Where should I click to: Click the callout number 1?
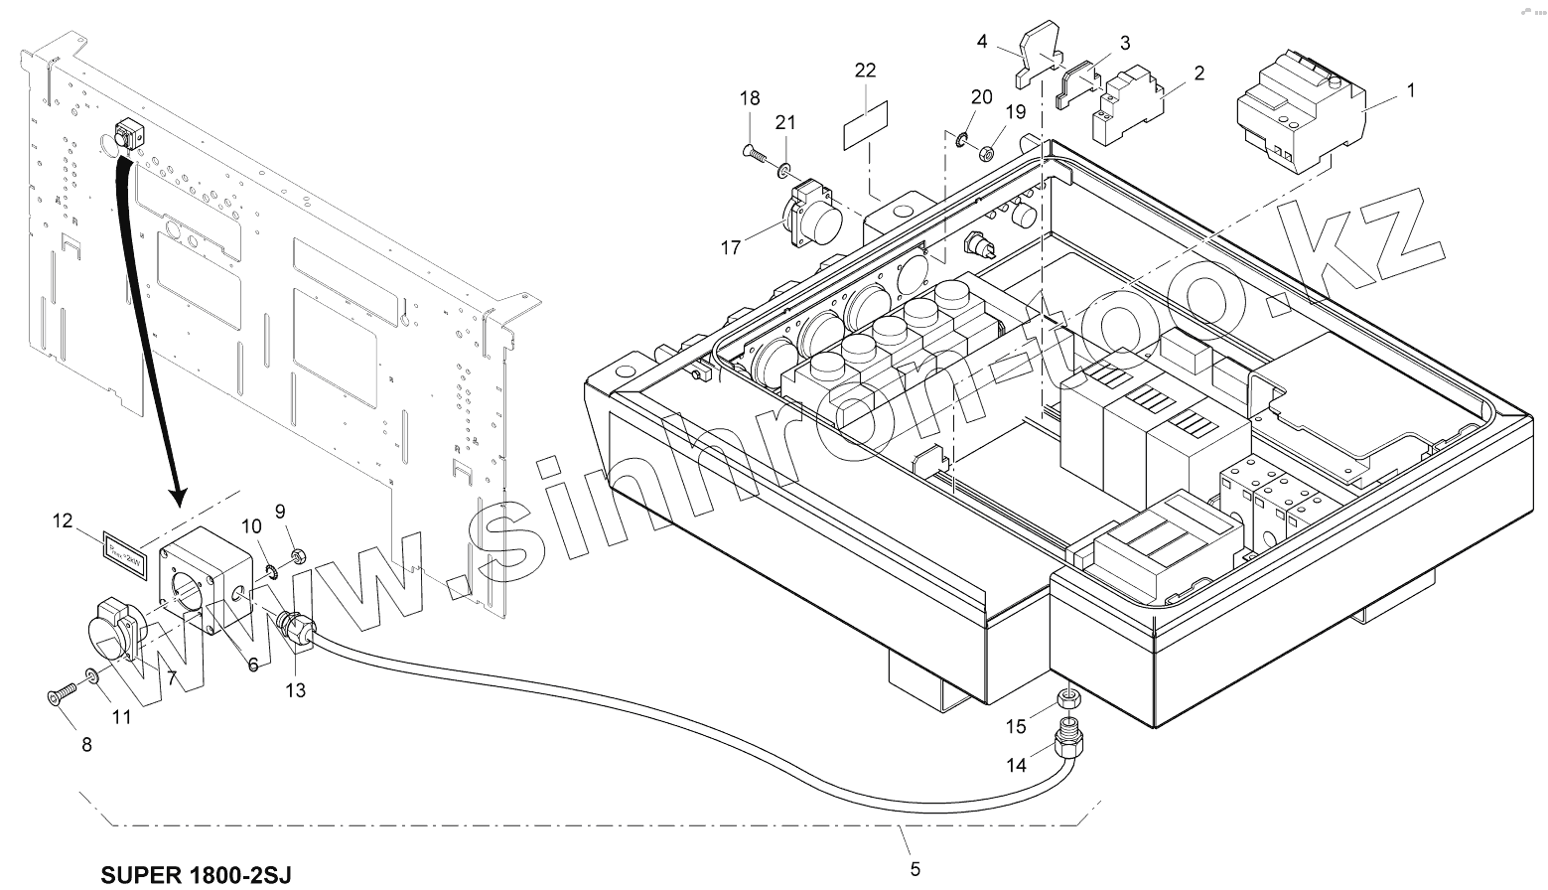(1410, 89)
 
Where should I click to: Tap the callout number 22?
(865, 71)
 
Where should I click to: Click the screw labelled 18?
(757, 153)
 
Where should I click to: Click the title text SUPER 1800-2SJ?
(197, 874)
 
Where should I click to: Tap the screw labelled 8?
(61, 697)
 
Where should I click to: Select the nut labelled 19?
(986, 154)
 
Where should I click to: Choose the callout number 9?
(280, 512)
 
